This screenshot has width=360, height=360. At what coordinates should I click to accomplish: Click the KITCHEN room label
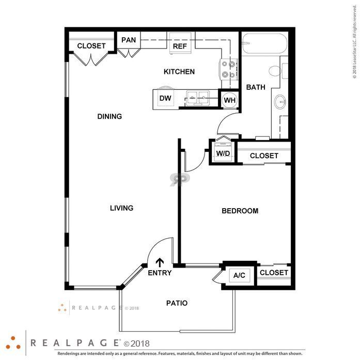click(x=179, y=71)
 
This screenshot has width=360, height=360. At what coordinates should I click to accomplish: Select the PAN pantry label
click(x=129, y=40)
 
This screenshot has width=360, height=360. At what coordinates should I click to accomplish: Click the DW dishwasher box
click(x=165, y=98)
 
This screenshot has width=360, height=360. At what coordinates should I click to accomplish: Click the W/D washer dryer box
click(x=223, y=153)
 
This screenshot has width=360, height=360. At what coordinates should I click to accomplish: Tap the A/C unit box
click(x=239, y=275)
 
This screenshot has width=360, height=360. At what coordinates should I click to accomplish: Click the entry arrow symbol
click(x=160, y=262)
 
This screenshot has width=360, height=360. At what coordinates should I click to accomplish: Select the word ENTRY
click(x=160, y=273)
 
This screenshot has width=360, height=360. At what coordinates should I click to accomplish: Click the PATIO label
click(x=177, y=303)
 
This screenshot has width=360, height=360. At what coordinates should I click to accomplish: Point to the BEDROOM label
click(x=240, y=211)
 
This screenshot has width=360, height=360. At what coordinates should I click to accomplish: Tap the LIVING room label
click(x=122, y=208)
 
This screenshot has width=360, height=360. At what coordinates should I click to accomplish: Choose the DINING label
click(x=109, y=116)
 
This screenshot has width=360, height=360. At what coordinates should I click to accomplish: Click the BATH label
click(x=256, y=87)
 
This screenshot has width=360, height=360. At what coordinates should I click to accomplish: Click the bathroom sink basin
click(x=281, y=101)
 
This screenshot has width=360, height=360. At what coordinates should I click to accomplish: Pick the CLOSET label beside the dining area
click(x=91, y=45)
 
